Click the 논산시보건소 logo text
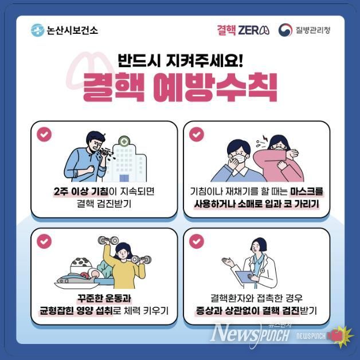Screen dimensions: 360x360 click(64, 30)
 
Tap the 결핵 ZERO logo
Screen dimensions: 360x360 click(243, 30)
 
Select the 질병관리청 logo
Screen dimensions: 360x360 click(304, 30)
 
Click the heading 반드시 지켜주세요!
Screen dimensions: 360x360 click(180, 59)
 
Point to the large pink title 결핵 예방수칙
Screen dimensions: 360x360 click(180, 88)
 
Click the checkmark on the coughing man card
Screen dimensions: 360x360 click(44, 134)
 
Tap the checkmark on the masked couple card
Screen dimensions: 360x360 click(197, 134)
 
